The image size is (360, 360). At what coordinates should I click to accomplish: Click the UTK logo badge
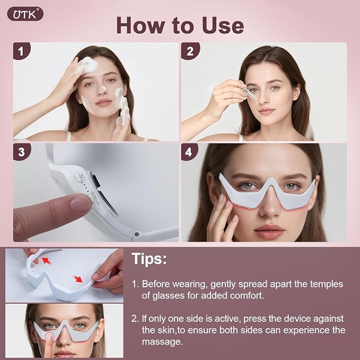click(x=25, y=14)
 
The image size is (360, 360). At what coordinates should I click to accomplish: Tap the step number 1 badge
click(x=21, y=51)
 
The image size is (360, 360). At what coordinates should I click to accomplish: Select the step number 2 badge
click(x=190, y=51)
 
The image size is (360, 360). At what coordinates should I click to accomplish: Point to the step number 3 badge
click(x=21, y=152)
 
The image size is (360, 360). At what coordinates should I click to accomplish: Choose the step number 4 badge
click(x=189, y=152)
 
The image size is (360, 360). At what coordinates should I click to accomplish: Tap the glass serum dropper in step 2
click(x=249, y=92)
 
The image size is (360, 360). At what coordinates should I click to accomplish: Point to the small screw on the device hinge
click(x=137, y=234)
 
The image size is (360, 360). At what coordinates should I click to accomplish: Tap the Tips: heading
click(x=149, y=259)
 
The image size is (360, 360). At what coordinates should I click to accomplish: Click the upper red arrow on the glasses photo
click(x=46, y=260)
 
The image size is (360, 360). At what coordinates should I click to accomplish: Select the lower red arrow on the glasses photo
click(x=78, y=279)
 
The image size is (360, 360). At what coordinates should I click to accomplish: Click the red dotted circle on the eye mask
click(x=49, y=337)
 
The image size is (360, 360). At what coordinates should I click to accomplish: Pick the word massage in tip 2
click(x=162, y=342)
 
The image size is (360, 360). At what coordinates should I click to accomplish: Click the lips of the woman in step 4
click(x=269, y=231)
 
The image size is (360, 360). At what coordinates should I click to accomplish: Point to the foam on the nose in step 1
click(x=104, y=89)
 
